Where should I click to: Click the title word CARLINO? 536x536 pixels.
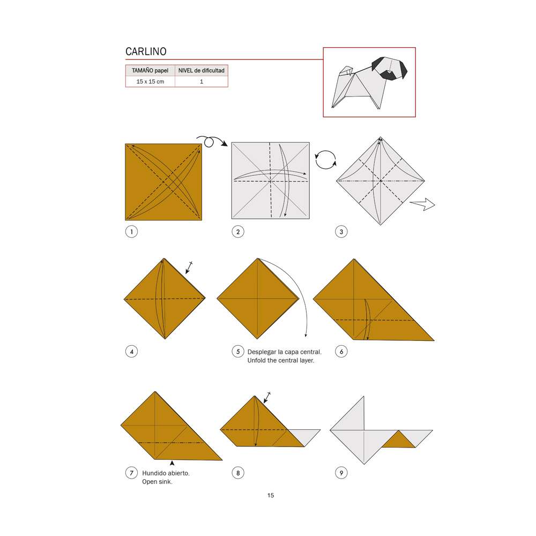click(146, 51)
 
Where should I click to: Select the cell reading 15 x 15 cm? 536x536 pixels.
click(150, 81)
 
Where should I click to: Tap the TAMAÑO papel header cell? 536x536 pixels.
click(150, 70)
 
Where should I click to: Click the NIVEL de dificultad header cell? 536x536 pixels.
click(202, 70)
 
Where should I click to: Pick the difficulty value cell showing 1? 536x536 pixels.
click(202, 81)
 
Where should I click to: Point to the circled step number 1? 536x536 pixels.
click(130, 232)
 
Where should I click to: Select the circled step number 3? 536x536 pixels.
click(341, 232)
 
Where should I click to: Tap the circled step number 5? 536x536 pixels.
click(237, 352)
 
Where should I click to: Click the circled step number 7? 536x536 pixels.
click(130, 473)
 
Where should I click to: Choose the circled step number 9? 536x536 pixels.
click(341, 473)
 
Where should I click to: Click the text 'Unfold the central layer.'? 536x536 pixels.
click(280, 361)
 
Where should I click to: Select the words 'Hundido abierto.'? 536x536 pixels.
click(166, 473)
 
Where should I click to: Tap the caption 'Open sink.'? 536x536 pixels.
click(157, 482)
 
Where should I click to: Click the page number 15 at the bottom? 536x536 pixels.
click(271, 495)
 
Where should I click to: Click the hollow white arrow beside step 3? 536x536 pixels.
click(422, 204)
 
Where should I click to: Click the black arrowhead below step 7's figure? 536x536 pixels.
click(171, 463)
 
